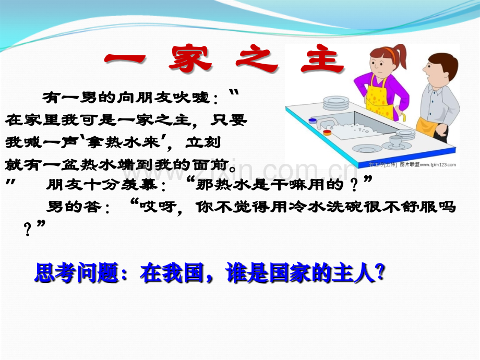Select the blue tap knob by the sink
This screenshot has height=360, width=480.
click(x=313, y=121)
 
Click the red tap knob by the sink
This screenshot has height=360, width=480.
click(x=327, y=133)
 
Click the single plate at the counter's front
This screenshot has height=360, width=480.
click(x=368, y=149)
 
